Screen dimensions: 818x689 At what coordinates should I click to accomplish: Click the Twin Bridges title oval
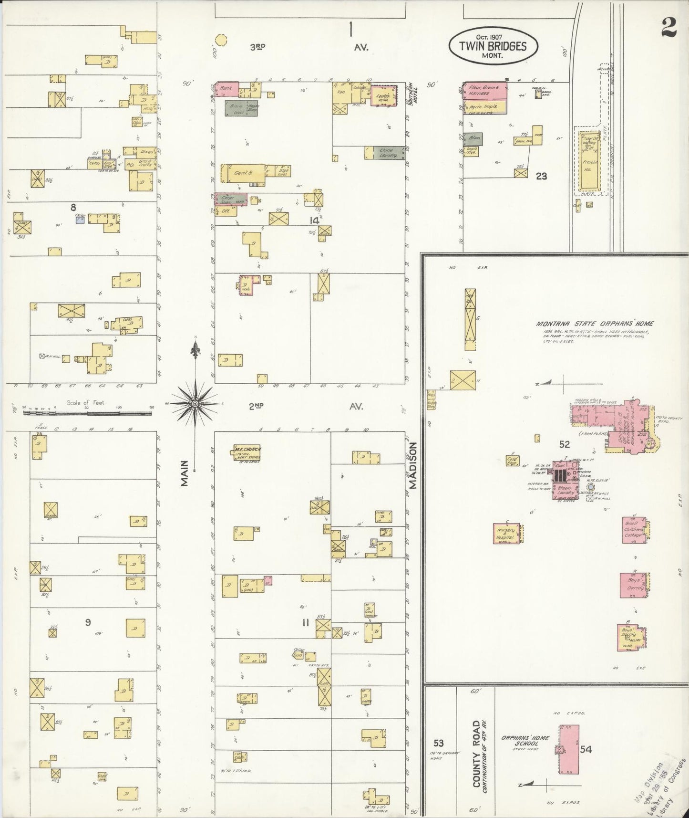pyautogui.click(x=493, y=46)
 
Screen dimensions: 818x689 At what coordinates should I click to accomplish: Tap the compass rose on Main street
pyautogui.click(x=195, y=404)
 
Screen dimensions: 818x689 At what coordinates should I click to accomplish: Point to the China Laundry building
pyautogui.click(x=388, y=152)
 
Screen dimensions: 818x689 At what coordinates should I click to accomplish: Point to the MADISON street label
pyautogui.click(x=413, y=465)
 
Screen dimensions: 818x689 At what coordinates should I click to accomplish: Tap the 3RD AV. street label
pyautogui.click(x=257, y=47)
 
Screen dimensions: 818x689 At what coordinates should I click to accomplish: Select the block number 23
pyautogui.click(x=541, y=176)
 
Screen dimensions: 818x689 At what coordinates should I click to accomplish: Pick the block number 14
pyautogui.click(x=314, y=220)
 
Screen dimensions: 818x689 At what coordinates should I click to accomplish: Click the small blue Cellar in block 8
pyautogui.click(x=81, y=219)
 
